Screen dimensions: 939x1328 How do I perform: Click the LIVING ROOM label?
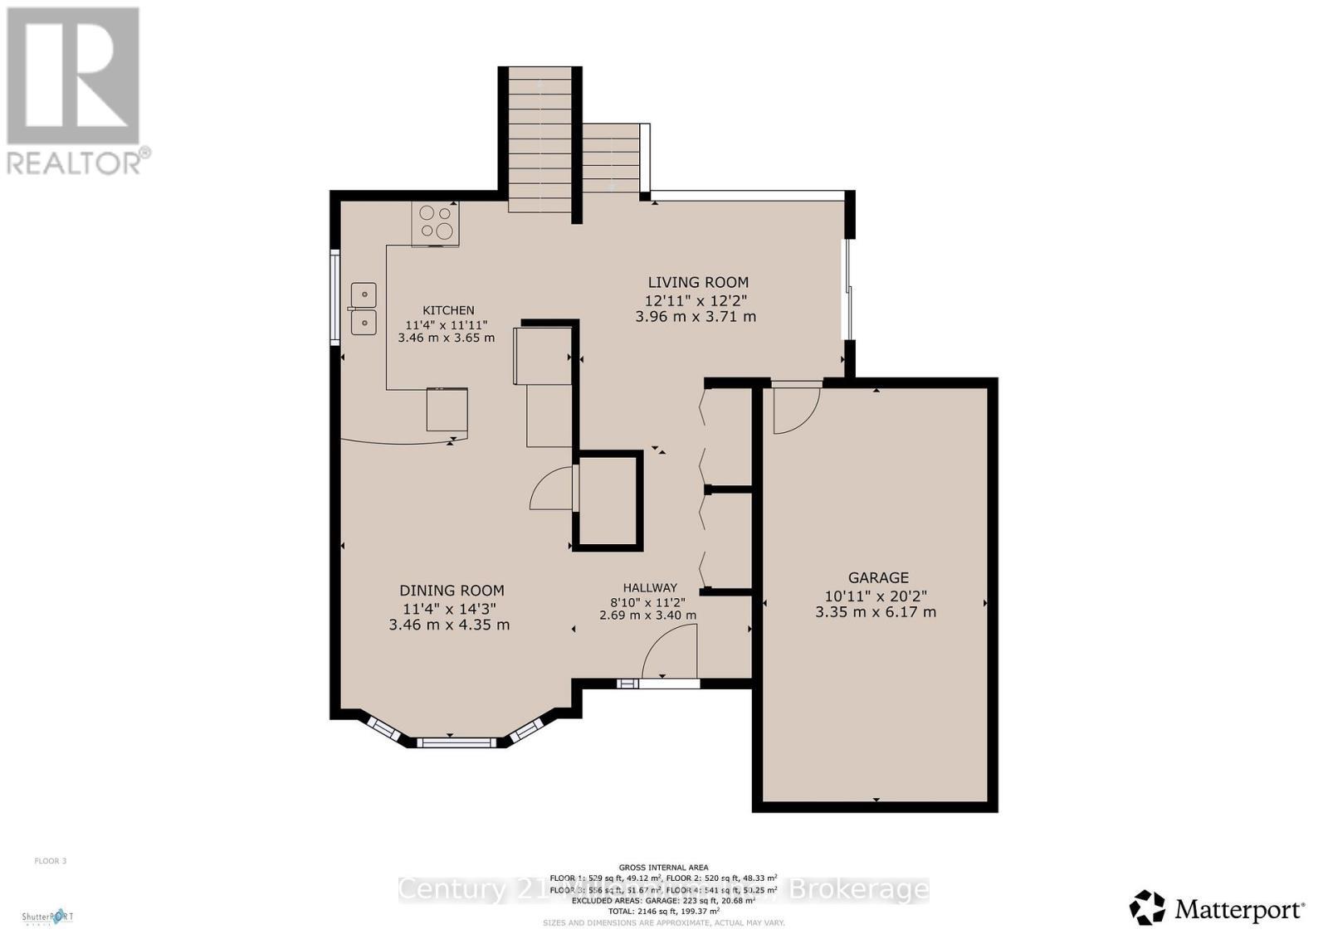(698, 282)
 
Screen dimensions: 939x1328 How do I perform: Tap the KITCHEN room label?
(449, 310)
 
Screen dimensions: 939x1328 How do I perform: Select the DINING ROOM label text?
(452, 591)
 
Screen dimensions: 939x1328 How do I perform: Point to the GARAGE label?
(878, 577)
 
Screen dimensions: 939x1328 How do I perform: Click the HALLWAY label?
(650, 587)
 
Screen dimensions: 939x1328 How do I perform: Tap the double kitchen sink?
(364, 309)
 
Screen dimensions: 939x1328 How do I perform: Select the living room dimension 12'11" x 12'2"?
(697, 299)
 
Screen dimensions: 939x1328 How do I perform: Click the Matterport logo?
(1217, 908)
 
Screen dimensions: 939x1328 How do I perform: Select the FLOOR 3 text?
(50, 861)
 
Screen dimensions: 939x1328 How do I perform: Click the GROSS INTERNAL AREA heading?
(663, 868)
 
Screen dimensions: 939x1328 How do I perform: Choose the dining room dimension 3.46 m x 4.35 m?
(449, 625)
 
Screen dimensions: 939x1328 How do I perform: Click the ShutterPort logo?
(47, 917)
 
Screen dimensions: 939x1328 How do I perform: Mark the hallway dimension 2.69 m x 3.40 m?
(647, 615)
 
